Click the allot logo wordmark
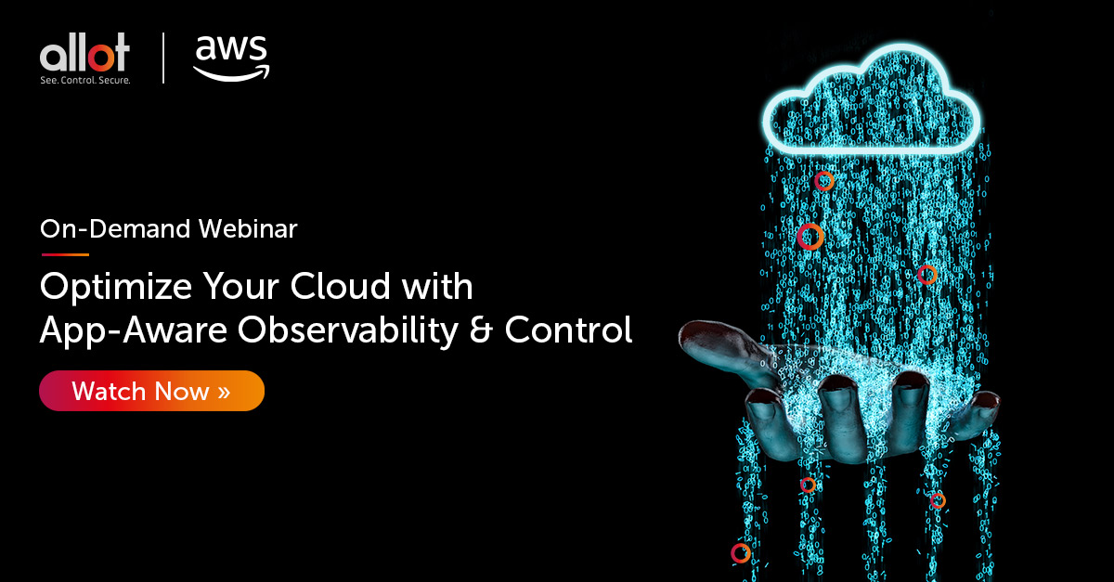84,55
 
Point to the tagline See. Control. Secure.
84,81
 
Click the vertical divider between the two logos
163,58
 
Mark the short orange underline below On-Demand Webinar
64,253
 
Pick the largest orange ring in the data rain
810,237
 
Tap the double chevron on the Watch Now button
224,391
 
